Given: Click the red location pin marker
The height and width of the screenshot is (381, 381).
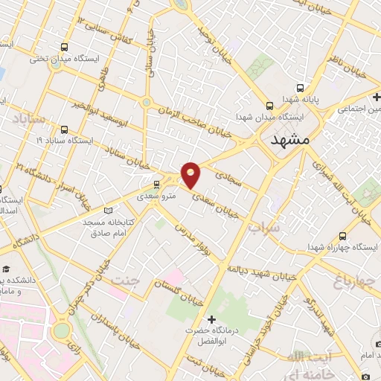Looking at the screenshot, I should coord(191,176).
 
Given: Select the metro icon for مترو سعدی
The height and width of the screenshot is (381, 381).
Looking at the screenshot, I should coord(156,184).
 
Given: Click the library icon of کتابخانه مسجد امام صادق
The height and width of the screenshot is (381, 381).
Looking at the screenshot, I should coord(111,209).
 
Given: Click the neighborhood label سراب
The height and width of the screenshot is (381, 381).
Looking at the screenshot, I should coord(266,227).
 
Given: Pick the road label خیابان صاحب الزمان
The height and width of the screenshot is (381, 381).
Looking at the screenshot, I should coord(200,122).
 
